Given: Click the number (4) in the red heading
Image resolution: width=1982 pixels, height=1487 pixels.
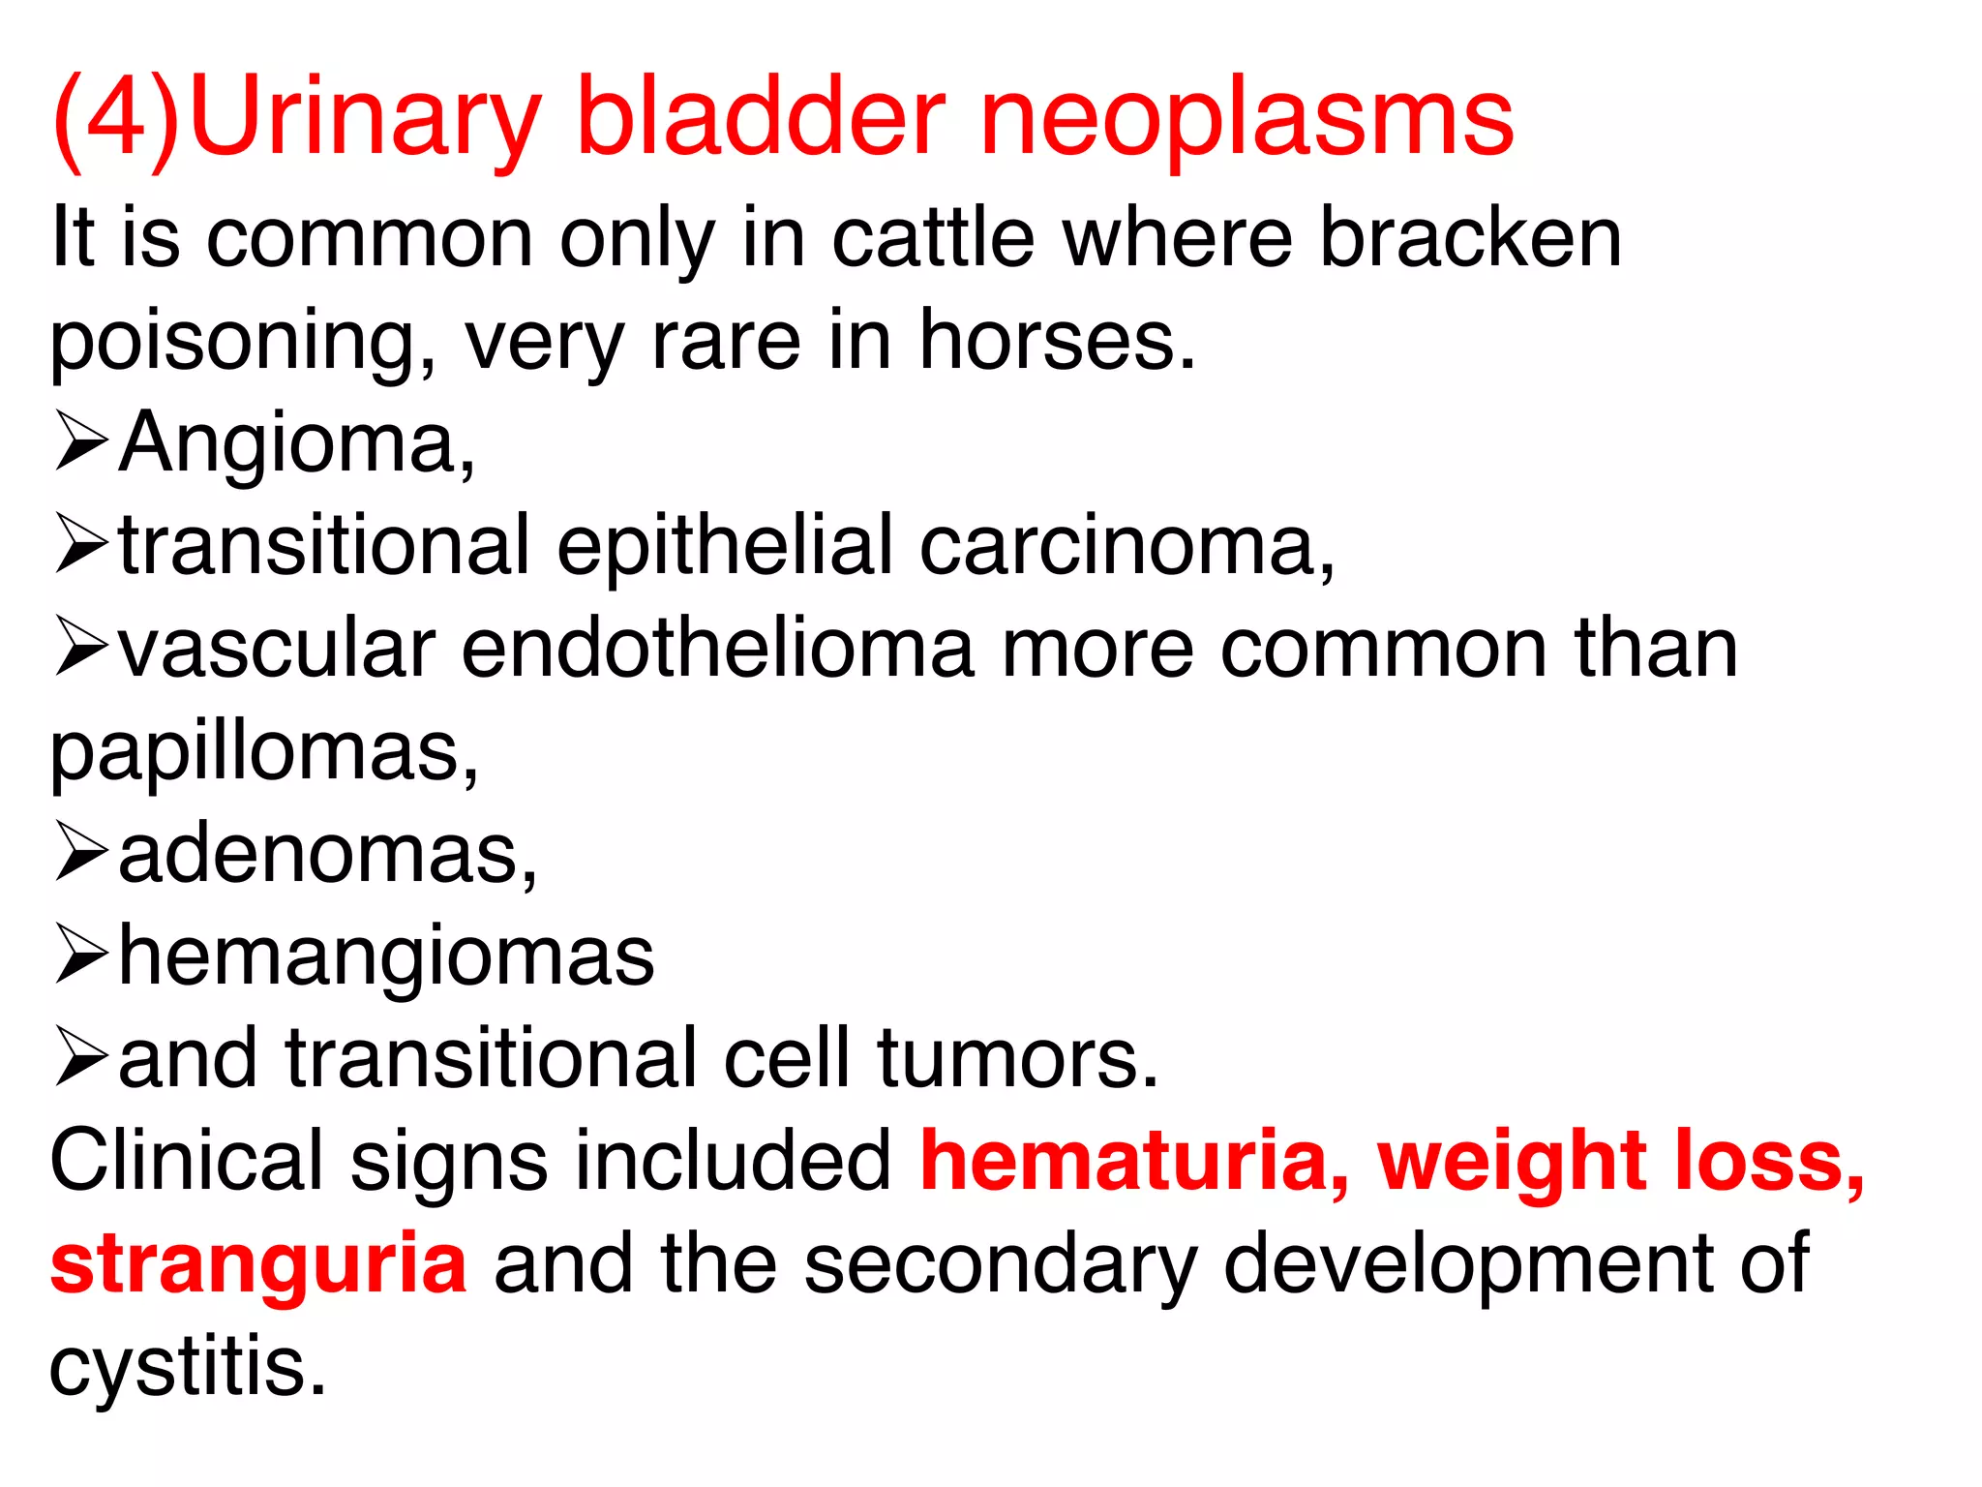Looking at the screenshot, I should tap(116, 118).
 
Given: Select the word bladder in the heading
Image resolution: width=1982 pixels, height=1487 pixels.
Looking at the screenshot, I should tap(760, 118).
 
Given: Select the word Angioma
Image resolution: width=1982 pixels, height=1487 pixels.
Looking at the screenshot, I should tap(296, 442).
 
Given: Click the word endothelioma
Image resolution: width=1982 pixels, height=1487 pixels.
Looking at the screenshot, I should tap(717, 648).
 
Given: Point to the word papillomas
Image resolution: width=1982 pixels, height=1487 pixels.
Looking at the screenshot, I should tap(263, 753).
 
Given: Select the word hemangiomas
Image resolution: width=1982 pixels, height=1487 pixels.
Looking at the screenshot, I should tap(386, 956).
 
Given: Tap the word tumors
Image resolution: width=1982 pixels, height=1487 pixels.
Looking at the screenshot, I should tap(1017, 1058).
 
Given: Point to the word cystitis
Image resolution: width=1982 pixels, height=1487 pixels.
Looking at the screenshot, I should tap(188, 1367).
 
